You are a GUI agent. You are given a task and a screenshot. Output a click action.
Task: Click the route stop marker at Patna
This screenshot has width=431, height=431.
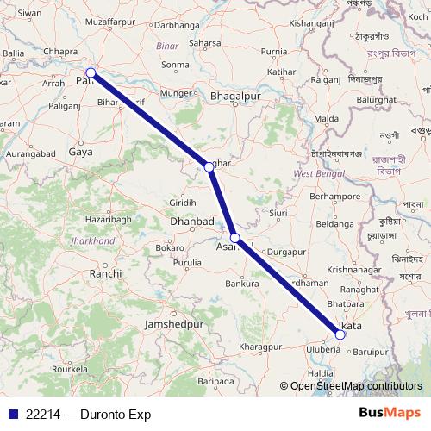(91, 73)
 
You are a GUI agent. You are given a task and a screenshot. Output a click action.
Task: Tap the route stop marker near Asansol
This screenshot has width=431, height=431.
(235, 237)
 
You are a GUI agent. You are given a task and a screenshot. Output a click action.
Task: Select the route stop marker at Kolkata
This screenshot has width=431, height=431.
(340, 334)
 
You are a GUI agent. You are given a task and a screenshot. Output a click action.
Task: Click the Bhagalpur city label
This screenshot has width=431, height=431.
(235, 97)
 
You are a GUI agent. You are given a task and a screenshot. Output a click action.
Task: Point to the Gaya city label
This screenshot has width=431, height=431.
(80, 152)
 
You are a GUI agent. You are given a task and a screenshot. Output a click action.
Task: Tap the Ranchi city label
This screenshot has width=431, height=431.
(105, 273)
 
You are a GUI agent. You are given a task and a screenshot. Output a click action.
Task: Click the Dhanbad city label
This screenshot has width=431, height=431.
(192, 222)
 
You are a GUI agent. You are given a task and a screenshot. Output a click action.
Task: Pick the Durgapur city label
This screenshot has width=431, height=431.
(287, 252)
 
